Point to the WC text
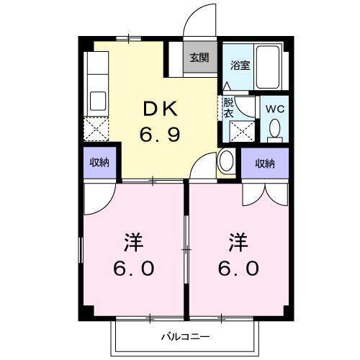(274, 109)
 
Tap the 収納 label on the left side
(99, 163)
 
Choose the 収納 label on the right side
(265, 163)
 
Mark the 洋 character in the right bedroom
(240, 240)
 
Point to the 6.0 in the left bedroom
(134, 268)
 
